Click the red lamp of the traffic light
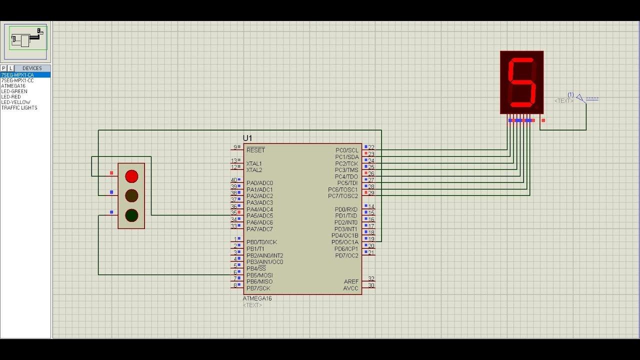tap(131, 176)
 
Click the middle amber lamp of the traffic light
tap(131, 195)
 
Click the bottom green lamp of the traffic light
tap(131, 215)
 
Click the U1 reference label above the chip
tap(247, 138)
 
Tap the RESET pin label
tap(255, 150)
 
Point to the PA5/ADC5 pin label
tap(259, 215)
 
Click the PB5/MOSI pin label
tap(259, 275)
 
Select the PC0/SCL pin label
tap(347, 150)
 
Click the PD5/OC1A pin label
tap(345, 242)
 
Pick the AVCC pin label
tap(350, 288)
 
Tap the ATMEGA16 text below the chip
tap(257, 298)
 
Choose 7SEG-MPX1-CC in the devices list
tap(17, 80)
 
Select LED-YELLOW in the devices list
tap(15, 102)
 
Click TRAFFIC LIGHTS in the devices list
tap(19, 107)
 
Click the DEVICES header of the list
tap(32, 68)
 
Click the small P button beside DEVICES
tap(3, 68)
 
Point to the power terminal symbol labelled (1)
tap(581, 98)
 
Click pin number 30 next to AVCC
tap(371, 285)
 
